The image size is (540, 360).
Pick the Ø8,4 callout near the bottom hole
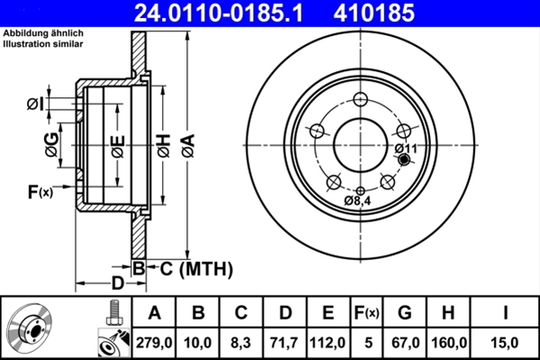(x=357, y=201)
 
